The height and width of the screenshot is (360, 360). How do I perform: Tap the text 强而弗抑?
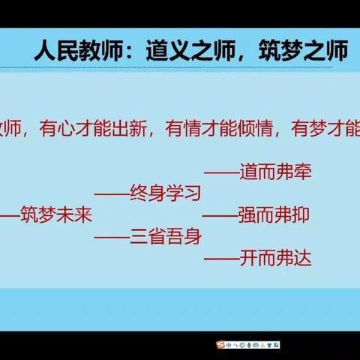tap(274, 216)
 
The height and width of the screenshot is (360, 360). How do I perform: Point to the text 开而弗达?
tap(274, 259)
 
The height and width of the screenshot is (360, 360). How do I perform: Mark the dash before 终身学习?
tap(111, 195)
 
